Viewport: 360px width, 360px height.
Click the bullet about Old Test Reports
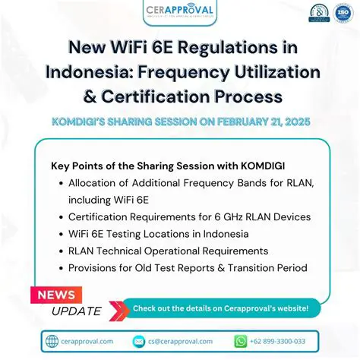(188, 267)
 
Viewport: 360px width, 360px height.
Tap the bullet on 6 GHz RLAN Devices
(189, 216)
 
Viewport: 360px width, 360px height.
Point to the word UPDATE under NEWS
(76, 311)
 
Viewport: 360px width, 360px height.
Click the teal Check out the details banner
(220, 308)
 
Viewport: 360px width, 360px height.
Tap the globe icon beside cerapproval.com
(52, 341)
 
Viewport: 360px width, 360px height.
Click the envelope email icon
(139, 342)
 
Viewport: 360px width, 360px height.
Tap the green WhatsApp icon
(241, 342)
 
